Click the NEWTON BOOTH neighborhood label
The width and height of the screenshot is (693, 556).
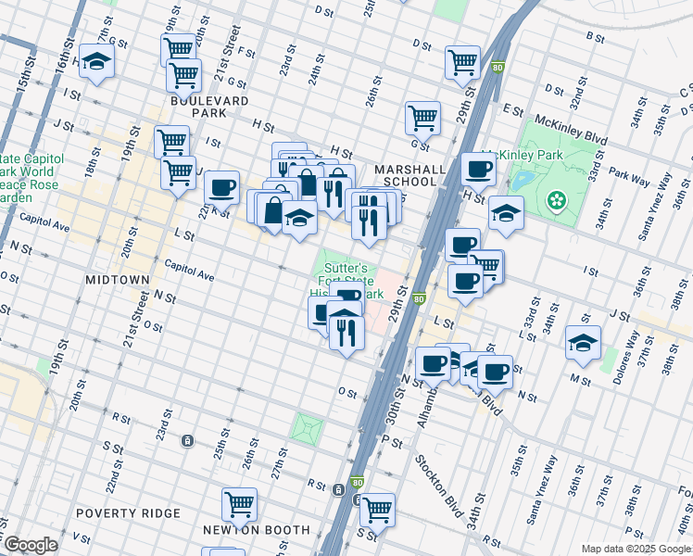click(257, 530)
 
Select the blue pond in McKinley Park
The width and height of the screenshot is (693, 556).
click(523, 179)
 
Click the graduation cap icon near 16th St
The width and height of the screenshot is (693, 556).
click(95, 61)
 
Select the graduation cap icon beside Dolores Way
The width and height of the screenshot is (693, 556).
click(584, 342)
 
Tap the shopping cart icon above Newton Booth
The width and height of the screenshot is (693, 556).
click(239, 505)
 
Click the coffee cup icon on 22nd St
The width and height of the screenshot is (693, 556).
click(221, 187)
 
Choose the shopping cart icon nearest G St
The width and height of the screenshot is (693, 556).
click(422, 118)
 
